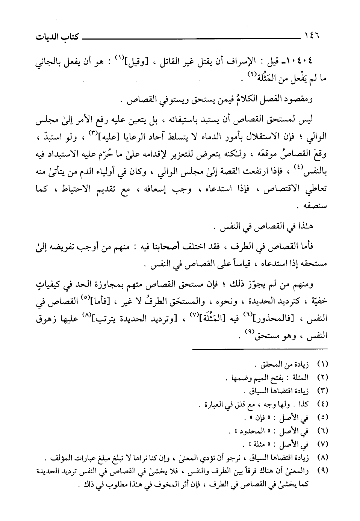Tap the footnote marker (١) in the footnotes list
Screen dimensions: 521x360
pos(323,364)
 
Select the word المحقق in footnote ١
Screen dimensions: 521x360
pos(269,364)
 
